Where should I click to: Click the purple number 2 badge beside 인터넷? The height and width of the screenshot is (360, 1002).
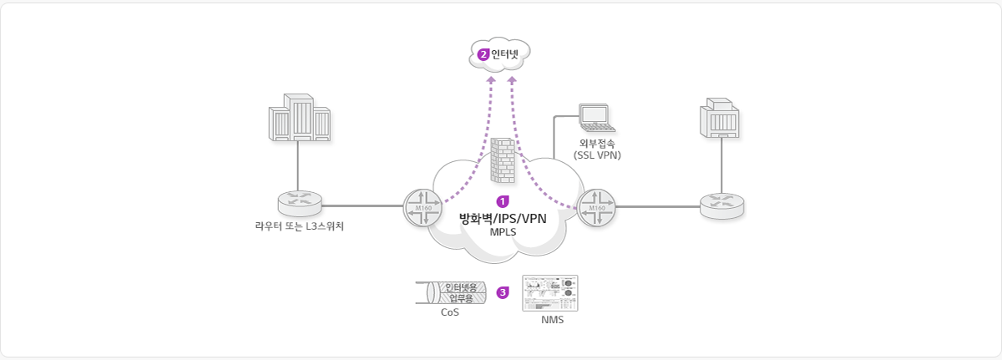coord(483,54)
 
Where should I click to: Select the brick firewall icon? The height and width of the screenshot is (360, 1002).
coord(502,161)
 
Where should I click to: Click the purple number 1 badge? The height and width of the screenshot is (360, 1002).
coord(503,201)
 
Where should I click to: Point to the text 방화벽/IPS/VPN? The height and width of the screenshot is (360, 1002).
coord(503,218)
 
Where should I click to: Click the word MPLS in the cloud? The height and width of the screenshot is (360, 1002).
coord(503,232)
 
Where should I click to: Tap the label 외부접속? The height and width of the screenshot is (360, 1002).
coord(597,143)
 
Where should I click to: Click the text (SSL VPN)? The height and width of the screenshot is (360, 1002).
coord(597,155)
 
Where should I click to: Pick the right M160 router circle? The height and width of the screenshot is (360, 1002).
coord(596,207)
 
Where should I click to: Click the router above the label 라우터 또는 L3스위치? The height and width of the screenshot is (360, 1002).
coord(300,203)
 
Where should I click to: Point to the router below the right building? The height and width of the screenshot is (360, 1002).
coord(721,205)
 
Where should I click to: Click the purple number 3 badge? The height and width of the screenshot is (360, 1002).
coord(503,292)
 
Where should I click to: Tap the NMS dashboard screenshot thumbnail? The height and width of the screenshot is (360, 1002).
coord(549,293)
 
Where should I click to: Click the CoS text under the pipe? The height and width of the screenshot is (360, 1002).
coord(450,312)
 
